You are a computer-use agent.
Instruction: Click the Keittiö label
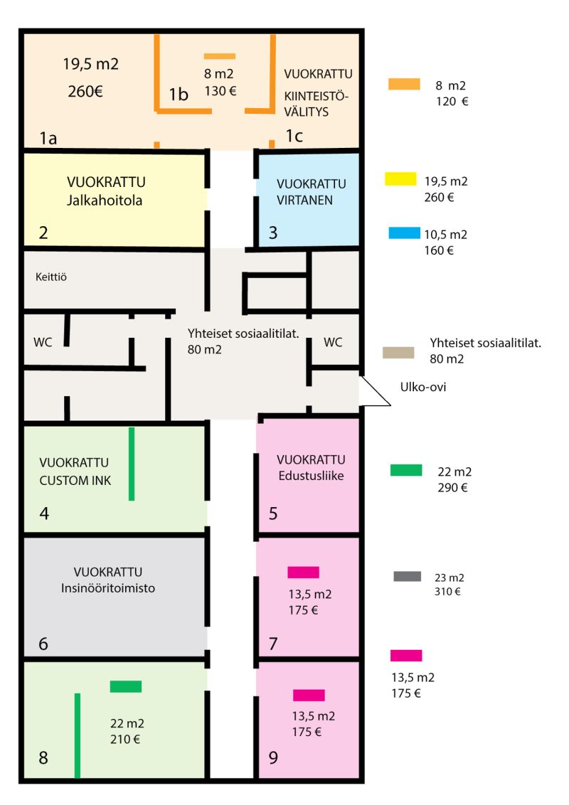(50, 277)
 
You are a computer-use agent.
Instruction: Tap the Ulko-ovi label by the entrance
(422, 387)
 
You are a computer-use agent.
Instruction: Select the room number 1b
(179, 95)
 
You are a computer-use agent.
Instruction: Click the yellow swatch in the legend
(400, 178)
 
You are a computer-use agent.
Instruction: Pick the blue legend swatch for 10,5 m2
(404, 233)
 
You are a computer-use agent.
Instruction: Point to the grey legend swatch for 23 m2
(408, 576)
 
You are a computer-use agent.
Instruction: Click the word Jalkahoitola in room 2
(105, 201)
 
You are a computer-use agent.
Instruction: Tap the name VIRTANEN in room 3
(304, 201)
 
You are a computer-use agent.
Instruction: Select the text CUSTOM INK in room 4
(75, 481)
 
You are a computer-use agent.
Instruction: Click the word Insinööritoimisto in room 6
(108, 588)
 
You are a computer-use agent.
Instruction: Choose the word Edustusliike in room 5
(312, 476)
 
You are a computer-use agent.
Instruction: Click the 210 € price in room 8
(124, 740)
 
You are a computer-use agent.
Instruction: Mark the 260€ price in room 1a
(85, 92)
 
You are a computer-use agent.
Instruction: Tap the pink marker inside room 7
(304, 572)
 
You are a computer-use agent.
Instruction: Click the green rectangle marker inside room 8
(126, 686)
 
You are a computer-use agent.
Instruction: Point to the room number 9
(273, 757)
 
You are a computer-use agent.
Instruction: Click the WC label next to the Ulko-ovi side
(333, 342)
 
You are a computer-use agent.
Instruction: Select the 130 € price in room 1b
(220, 91)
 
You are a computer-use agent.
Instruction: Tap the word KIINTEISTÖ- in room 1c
(317, 96)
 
